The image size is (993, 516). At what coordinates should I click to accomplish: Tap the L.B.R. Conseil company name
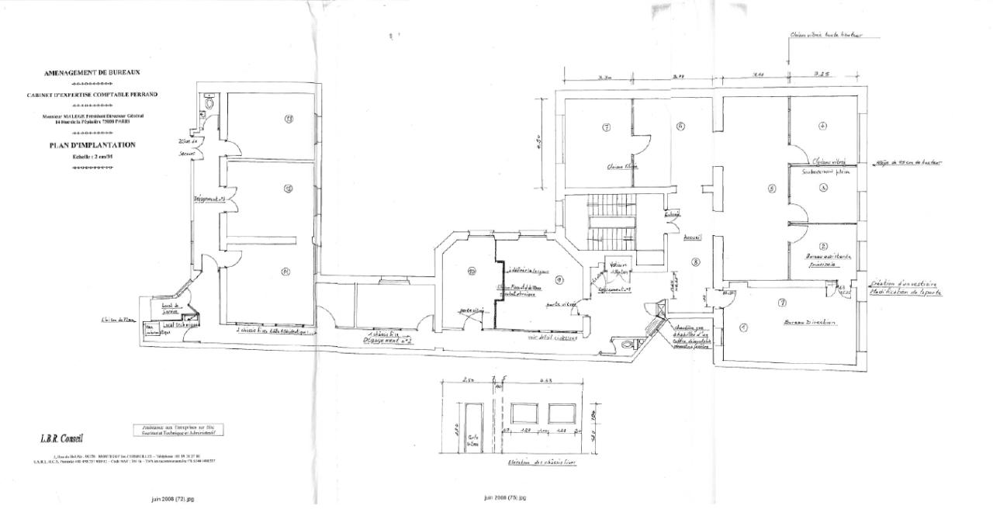pyautogui.click(x=62, y=438)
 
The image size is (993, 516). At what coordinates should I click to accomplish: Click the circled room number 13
pyautogui.click(x=266, y=119)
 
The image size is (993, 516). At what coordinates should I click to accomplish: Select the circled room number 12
pyautogui.click(x=266, y=189)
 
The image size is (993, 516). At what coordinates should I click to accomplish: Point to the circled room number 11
pyautogui.click(x=264, y=272)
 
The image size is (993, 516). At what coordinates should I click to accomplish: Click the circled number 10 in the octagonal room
pyautogui.click(x=471, y=271)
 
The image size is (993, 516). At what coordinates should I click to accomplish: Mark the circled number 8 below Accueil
pyautogui.click(x=696, y=262)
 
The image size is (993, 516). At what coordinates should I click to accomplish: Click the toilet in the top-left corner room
pyautogui.click(x=209, y=102)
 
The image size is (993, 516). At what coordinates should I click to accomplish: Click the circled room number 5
pyautogui.click(x=772, y=189)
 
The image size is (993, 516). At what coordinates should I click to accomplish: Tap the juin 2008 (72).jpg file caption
pyautogui.click(x=173, y=499)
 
